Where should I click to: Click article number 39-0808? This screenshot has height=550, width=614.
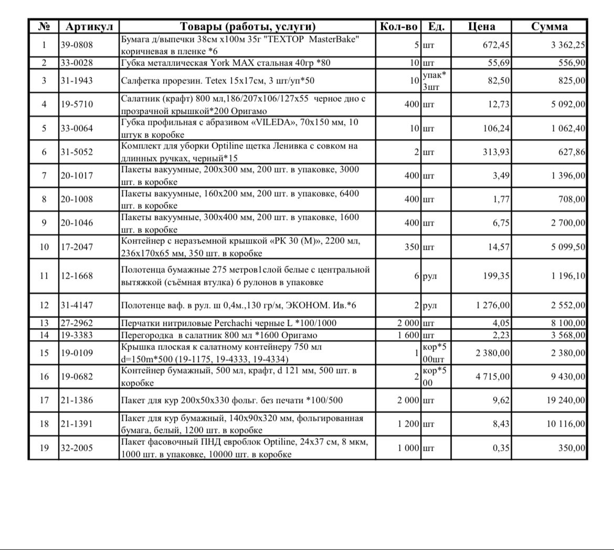coord(76,45)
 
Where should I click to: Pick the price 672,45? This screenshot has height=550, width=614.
coord(496,45)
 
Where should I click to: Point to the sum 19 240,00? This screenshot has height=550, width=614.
coord(566,400)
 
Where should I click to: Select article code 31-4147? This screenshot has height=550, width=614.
coord(76,305)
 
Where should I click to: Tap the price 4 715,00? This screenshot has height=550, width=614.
coord(492,376)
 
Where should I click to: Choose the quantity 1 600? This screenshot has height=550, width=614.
coord(408,335)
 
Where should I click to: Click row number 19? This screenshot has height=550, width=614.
coord(44,448)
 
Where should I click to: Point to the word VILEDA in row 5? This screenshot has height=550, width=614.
coord(257,122)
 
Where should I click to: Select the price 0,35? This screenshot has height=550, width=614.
coord(501,448)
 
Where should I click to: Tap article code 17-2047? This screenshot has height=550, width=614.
coord(76,247)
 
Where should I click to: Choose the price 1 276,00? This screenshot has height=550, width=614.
coord(492,305)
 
